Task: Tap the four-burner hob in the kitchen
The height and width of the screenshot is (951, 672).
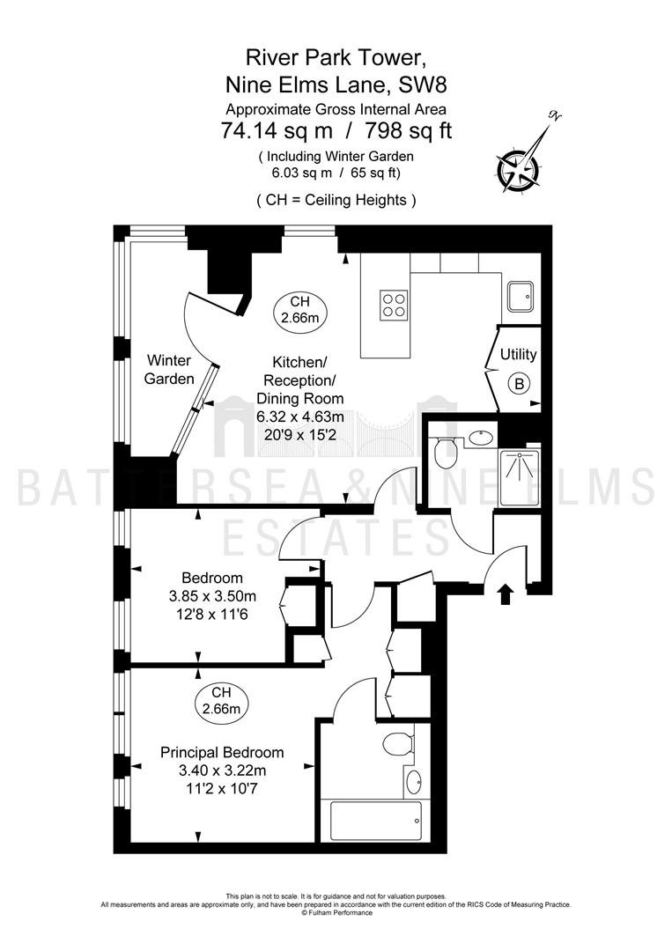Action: click(393, 305)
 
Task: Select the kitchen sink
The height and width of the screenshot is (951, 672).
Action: click(520, 297)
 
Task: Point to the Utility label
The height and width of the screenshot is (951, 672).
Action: click(518, 354)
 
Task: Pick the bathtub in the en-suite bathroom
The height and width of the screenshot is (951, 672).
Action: click(376, 820)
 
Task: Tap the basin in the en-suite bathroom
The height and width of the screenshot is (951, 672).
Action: click(416, 782)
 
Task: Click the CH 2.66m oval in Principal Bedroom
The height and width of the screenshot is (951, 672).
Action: click(222, 701)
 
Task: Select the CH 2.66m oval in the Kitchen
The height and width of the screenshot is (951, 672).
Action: click(299, 309)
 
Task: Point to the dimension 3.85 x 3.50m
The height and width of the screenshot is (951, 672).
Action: click(212, 596)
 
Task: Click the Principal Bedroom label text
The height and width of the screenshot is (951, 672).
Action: click(222, 753)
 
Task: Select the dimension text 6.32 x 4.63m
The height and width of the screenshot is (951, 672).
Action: click(300, 417)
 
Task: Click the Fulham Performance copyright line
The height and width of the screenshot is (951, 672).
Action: click(337, 913)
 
